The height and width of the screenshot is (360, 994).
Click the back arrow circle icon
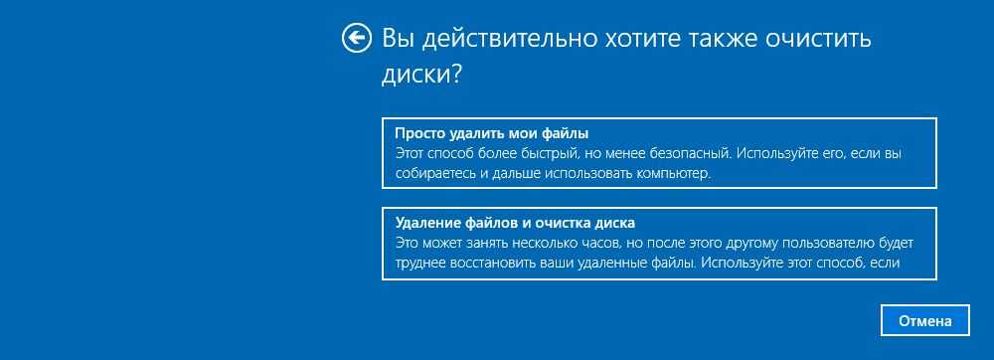pyautogui.click(x=356, y=38)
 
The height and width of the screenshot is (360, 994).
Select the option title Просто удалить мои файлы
pyautogui.click(x=492, y=133)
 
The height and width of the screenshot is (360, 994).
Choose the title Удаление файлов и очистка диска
pyautogui.click(x=515, y=223)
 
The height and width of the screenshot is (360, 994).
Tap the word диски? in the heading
pyautogui.click(x=421, y=75)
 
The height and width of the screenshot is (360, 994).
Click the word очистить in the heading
pyautogui.click(x=818, y=40)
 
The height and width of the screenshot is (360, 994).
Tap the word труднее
pyautogui.click(x=419, y=263)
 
